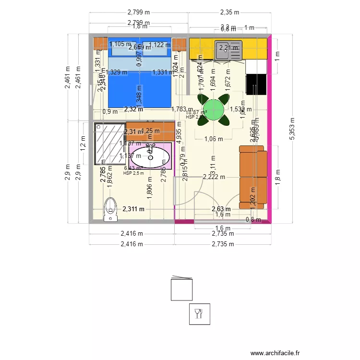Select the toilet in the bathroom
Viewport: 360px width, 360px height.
[110, 210]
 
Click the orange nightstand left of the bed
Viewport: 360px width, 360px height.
[100, 43]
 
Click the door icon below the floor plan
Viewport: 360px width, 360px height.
[182, 288]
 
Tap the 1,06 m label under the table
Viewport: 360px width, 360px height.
[214, 140]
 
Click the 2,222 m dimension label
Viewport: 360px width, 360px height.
[214, 177]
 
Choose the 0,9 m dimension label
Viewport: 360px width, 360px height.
[110, 111]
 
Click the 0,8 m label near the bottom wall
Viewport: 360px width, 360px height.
[253, 220]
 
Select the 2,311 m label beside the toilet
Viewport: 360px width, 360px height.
[133, 209]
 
